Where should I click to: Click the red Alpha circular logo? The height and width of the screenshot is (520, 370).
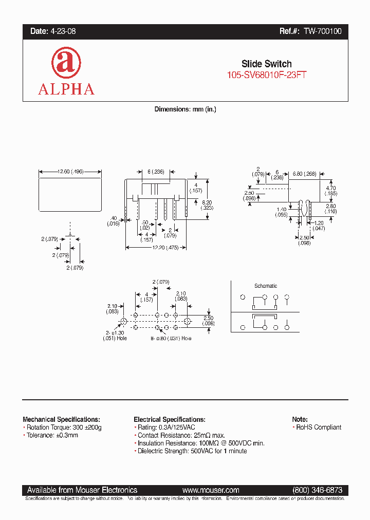click(x=66, y=63)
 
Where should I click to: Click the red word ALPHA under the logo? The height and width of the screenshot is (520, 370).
click(x=66, y=89)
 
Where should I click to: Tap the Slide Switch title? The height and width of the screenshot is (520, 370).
click(x=267, y=64)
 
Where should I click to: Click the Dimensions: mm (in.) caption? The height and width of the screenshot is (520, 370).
click(x=186, y=109)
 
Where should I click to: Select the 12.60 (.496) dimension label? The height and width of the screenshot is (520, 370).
click(x=70, y=172)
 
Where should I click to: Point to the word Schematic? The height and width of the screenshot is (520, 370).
click(x=266, y=286)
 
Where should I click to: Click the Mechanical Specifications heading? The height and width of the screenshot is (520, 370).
click(x=61, y=419)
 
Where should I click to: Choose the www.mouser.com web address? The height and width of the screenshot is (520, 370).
click(x=211, y=490)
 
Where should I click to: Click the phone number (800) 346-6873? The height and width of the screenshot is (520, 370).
click(x=317, y=490)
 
